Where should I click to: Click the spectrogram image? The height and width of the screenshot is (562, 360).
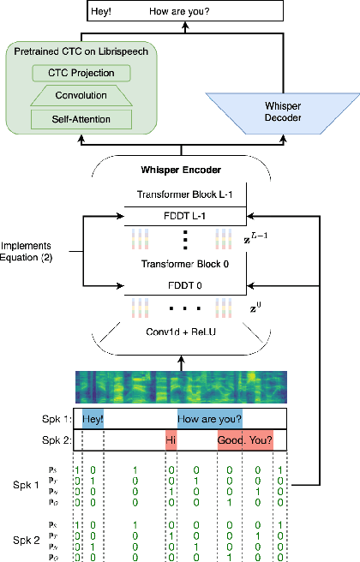pyautogui.click(x=181, y=388)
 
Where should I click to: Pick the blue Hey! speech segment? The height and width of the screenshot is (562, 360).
pyautogui.click(x=92, y=420)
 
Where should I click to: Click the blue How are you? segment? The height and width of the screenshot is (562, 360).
pyautogui.click(x=209, y=420)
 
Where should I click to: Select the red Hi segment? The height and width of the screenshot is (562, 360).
pyautogui.click(x=171, y=440)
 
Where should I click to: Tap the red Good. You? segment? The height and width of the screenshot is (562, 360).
pyautogui.click(x=244, y=440)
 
